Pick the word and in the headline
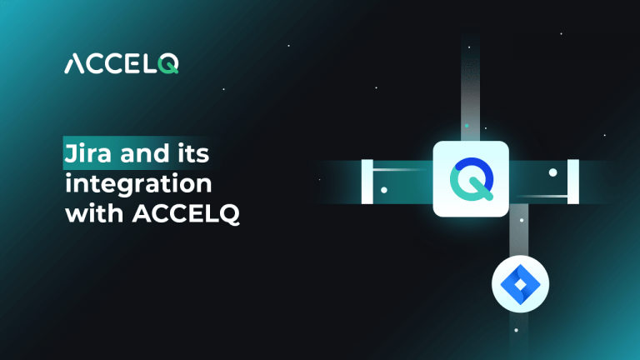144,155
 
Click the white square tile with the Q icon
470,179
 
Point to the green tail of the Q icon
481,194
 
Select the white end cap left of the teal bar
366,181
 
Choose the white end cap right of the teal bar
572,181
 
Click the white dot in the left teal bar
383,190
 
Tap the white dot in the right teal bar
552,172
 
